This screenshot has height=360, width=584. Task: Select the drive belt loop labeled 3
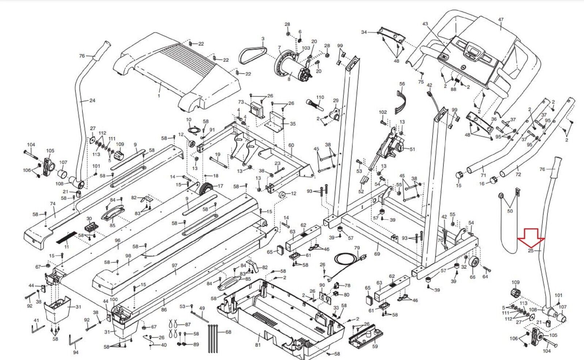[x=253, y=55]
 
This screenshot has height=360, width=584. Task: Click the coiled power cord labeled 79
[x=345, y=260]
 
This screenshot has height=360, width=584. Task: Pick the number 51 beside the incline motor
[x=412, y=149]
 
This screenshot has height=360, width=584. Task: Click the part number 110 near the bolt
[x=320, y=97]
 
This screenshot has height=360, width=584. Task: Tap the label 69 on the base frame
[x=377, y=253]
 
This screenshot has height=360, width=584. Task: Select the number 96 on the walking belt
[x=117, y=240]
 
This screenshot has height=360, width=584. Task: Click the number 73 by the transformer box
[x=241, y=102]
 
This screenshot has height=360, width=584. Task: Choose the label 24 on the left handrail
[x=92, y=100]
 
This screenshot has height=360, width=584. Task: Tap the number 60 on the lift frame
[x=291, y=145]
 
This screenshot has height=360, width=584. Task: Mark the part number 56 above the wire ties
[x=402, y=84]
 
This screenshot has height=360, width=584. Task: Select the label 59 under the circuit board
[x=375, y=347]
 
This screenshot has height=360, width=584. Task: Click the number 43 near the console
[x=425, y=24]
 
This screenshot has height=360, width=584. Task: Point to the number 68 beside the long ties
[x=228, y=332]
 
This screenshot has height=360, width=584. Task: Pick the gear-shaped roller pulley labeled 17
[x=207, y=189]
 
